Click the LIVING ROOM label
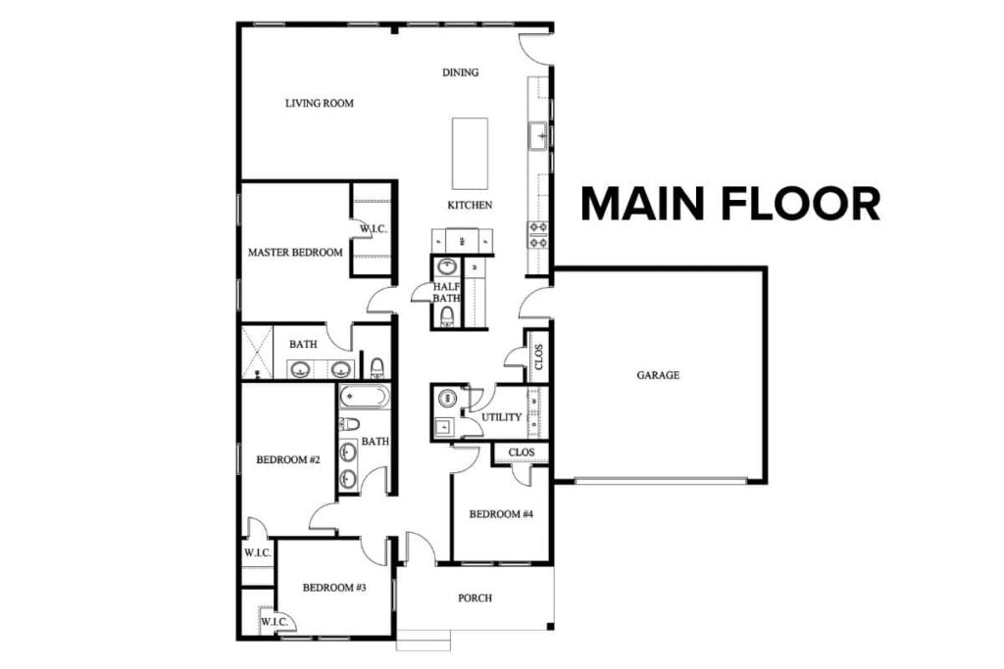click(x=319, y=103)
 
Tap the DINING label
click(x=460, y=72)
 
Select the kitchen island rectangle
click(x=470, y=154)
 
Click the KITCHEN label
click(x=470, y=206)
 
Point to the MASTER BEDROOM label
click(x=295, y=253)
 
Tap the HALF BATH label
click(x=447, y=292)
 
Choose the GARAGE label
click(x=658, y=375)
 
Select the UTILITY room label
click(x=501, y=418)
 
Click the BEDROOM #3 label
click(x=333, y=588)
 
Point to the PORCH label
click(x=475, y=597)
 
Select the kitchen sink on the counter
click(x=537, y=136)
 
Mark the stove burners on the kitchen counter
click(x=538, y=233)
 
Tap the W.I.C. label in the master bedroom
click(x=374, y=229)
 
